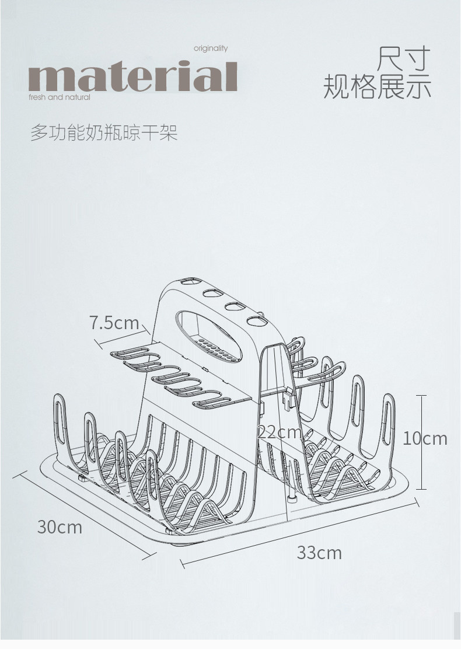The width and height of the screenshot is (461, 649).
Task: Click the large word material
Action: (x=132, y=78)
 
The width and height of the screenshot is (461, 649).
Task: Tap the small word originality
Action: (x=211, y=49)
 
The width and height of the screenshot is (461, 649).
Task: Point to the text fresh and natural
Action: (x=60, y=97)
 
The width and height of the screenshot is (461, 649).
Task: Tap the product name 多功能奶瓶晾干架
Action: (x=104, y=133)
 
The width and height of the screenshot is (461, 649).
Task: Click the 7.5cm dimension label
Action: (x=114, y=323)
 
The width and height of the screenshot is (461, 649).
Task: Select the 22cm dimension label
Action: (x=280, y=432)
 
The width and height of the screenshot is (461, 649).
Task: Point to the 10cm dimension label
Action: (x=425, y=438)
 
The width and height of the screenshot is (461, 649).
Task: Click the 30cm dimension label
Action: (x=60, y=527)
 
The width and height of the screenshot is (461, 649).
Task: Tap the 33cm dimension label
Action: (x=319, y=552)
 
